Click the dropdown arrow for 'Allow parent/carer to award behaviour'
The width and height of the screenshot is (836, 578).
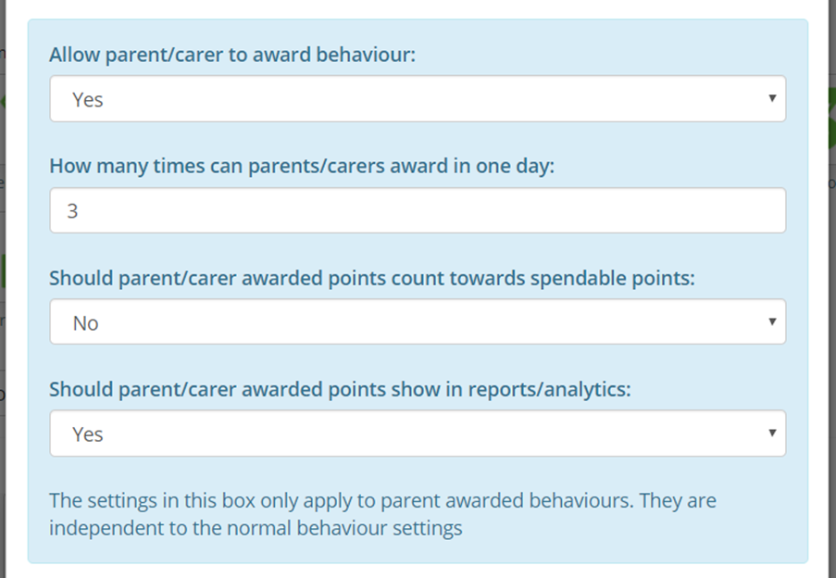tap(772, 98)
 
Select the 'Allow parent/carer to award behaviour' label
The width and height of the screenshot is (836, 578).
tap(232, 56)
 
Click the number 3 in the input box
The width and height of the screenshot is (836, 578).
tap(72, 211)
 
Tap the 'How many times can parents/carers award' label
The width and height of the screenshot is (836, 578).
tap(301, 168)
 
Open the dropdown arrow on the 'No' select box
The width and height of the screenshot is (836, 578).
tap(772, 321)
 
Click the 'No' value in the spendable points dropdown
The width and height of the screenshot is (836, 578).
tap(85, 323)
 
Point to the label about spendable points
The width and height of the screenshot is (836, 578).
tap(371, 278)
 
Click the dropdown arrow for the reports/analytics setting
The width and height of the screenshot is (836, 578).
tap(772, 433)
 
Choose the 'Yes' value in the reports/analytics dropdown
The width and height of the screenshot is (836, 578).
tap(88, 434)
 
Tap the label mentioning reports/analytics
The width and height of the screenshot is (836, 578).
tap(340, 390)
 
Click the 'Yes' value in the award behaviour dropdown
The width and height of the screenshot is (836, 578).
tap(88, 100)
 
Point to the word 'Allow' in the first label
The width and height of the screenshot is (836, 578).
tap(74, 56)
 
